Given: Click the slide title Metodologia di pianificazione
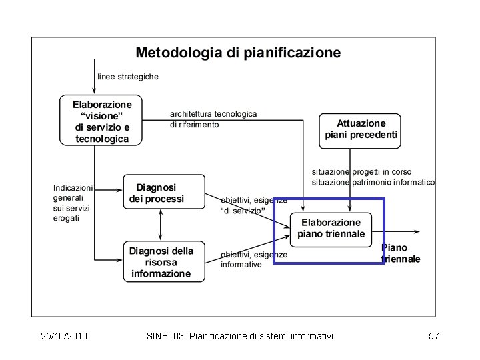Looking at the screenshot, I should point(238,52).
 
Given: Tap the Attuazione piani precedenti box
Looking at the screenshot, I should point(361,129).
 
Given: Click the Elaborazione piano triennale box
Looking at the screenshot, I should point(331,228).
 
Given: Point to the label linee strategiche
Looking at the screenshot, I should point(128,77).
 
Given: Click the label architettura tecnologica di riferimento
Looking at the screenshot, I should point(213,119).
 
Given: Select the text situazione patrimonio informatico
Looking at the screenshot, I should point(373,182).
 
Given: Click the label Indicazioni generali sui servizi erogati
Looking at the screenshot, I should point(74,203).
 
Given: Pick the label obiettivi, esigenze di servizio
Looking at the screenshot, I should point(254,205).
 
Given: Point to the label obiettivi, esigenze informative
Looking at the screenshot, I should point(254,259).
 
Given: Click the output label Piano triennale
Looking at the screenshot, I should point(401,253).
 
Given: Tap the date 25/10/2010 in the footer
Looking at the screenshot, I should point(64,337).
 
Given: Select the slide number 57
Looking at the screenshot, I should point(433,337).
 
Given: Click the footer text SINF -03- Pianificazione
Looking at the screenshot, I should point(239,337).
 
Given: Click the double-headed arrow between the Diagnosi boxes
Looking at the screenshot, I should point(160,225).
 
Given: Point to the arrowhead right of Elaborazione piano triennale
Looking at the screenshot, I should point(417,232).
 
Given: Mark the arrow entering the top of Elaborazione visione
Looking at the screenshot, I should point(95,89).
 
